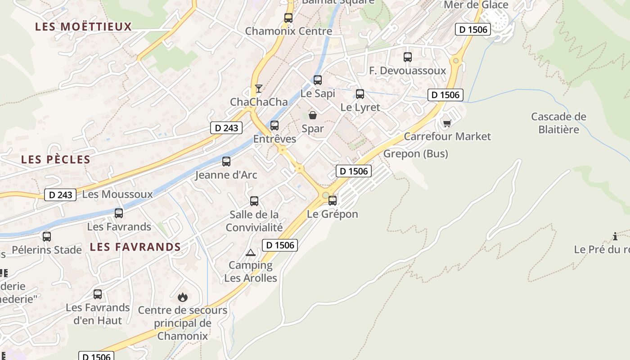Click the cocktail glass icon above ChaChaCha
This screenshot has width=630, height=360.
258,88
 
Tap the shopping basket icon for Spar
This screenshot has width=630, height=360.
313,115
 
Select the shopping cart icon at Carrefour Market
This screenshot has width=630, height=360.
447,123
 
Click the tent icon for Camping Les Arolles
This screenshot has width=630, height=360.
251,252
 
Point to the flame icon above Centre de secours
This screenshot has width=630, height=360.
182,297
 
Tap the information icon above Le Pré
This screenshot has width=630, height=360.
615,236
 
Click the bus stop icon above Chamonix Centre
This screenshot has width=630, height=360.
288,18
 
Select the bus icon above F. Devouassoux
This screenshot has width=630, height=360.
408,57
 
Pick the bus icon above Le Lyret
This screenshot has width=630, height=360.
360,94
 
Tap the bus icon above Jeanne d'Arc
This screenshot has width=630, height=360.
226,162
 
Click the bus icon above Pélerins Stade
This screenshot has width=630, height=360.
47,237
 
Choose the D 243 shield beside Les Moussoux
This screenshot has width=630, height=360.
60,195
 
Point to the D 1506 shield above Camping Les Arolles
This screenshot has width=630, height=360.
280,245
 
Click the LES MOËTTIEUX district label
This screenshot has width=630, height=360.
84,27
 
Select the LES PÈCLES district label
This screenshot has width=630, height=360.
56,159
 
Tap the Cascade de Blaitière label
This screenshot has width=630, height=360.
558,123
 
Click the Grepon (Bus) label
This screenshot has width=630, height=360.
415,154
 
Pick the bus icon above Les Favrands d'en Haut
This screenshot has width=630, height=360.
98,295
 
